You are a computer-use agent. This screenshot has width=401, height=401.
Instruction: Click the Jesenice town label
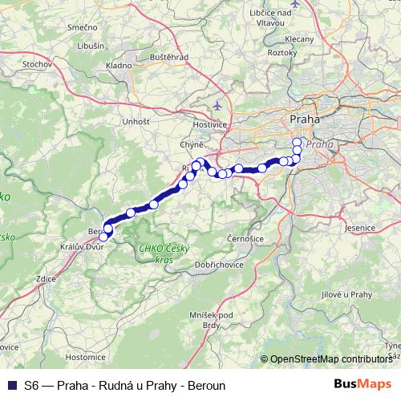(359, 228)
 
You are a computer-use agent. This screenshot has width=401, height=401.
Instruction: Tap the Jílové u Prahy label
(349, 294)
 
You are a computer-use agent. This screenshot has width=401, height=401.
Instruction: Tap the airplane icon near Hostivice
(217, 105)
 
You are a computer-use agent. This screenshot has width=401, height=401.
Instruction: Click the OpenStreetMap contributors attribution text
(330, 359)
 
